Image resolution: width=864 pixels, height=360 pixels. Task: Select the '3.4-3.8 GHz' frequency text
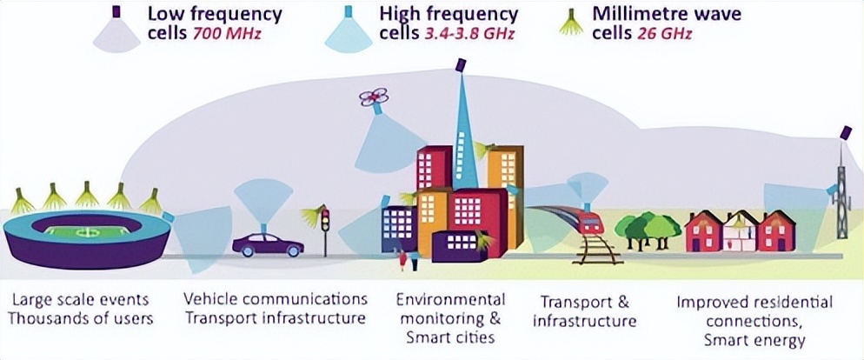pos(477,36)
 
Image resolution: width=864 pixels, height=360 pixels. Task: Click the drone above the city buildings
pos(374,100)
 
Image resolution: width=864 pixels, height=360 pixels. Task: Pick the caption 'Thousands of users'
pos(81,319)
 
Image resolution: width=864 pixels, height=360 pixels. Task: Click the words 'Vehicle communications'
pos(276,300)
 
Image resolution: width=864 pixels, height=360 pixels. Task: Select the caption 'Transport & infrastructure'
pos(584,311)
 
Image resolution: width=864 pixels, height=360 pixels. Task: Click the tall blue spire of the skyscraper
pos(462,130)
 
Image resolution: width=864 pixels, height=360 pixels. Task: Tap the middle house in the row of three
pos(741,230)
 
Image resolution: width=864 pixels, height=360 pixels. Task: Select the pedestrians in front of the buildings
pos(407,258)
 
